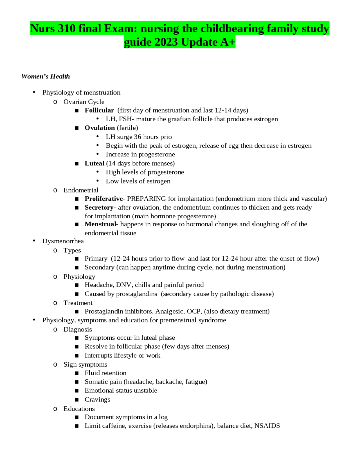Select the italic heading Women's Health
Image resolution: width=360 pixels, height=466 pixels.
(x=46, y=76)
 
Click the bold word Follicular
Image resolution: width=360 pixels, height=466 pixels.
(x=99, y=110)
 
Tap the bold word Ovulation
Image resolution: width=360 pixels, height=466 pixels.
(x=100, y=128)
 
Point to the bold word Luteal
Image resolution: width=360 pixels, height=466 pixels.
(x=94, y=163)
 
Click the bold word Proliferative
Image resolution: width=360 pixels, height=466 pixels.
(x=104, y=199)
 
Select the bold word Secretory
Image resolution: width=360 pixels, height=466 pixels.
(x=99, y=207)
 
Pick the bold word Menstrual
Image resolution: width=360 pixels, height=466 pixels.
(x=100, y=224)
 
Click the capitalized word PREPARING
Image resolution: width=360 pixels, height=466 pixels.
(x=146, y=199)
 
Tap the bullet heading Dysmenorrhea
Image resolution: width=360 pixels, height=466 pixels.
(x=63, y=241)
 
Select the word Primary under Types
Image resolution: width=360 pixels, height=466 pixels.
(x=96, y=258)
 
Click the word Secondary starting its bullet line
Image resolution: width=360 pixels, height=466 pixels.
(x=99, y=267)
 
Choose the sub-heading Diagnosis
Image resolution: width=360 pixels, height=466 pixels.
(x=78, y=329)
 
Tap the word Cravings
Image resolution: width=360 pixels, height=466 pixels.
(x=97, y=399)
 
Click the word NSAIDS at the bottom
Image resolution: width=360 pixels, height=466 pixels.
(x=267, y=425)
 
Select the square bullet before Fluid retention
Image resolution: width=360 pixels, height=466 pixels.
(x=77, y=373)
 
